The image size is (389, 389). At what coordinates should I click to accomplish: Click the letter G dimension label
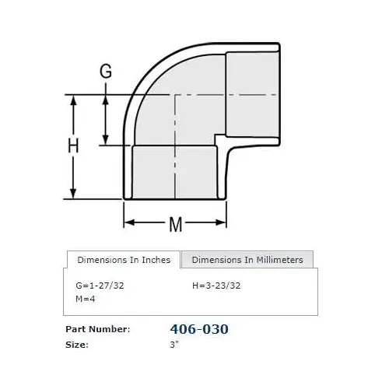point(107,72)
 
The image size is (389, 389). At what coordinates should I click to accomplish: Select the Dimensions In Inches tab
point(124,260)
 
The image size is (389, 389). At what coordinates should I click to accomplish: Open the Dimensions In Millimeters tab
point(247,260)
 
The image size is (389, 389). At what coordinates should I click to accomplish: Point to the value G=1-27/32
point(99,286)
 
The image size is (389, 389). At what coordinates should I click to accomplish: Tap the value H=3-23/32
point(217,286)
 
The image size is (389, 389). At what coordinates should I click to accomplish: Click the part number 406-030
point(199,329)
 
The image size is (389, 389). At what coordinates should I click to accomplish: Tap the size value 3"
point(174,344)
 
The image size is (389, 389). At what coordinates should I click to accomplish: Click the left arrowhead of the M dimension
point(129,223)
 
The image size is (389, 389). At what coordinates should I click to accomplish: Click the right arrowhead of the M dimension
point(224,223)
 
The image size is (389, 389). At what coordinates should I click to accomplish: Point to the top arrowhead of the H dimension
point(74,99)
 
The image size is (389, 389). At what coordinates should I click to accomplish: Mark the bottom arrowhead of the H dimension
point(74,194)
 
